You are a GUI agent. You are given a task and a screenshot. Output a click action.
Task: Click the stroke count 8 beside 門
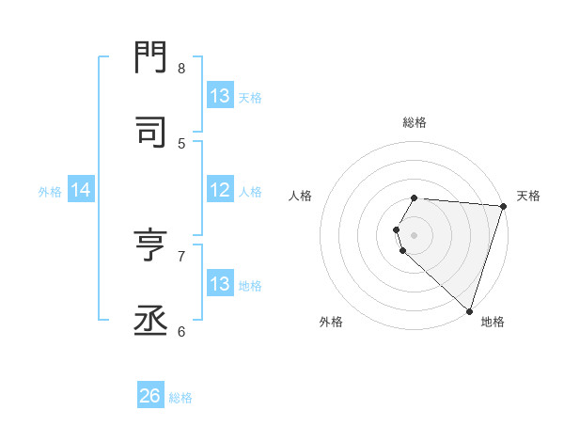[181, 68]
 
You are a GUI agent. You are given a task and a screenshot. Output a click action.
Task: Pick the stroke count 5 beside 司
[181, 143]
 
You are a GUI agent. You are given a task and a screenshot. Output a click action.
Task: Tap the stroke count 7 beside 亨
[181, 255]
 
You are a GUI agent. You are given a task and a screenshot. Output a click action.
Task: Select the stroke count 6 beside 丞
[181, 330]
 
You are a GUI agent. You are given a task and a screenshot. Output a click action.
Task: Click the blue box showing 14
[80, 190]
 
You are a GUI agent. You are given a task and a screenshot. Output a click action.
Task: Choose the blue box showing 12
[220, 190]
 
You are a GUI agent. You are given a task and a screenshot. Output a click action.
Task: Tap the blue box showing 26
[150, 396]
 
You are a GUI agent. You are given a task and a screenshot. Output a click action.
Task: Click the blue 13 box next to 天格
[220, 96]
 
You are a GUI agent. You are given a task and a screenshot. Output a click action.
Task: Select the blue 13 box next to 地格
[220, 284]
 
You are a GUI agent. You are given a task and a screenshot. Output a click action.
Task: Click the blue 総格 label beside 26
[180, 397]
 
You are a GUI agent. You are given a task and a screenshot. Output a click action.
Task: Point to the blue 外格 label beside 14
[50, 191]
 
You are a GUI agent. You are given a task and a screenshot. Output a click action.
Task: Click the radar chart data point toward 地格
[469, 309]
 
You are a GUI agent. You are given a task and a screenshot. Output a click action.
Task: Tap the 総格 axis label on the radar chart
[415, 122]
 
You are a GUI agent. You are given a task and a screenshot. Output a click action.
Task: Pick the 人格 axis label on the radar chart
[300, 196]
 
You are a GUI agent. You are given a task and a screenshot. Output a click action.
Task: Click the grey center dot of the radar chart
[415, 234]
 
